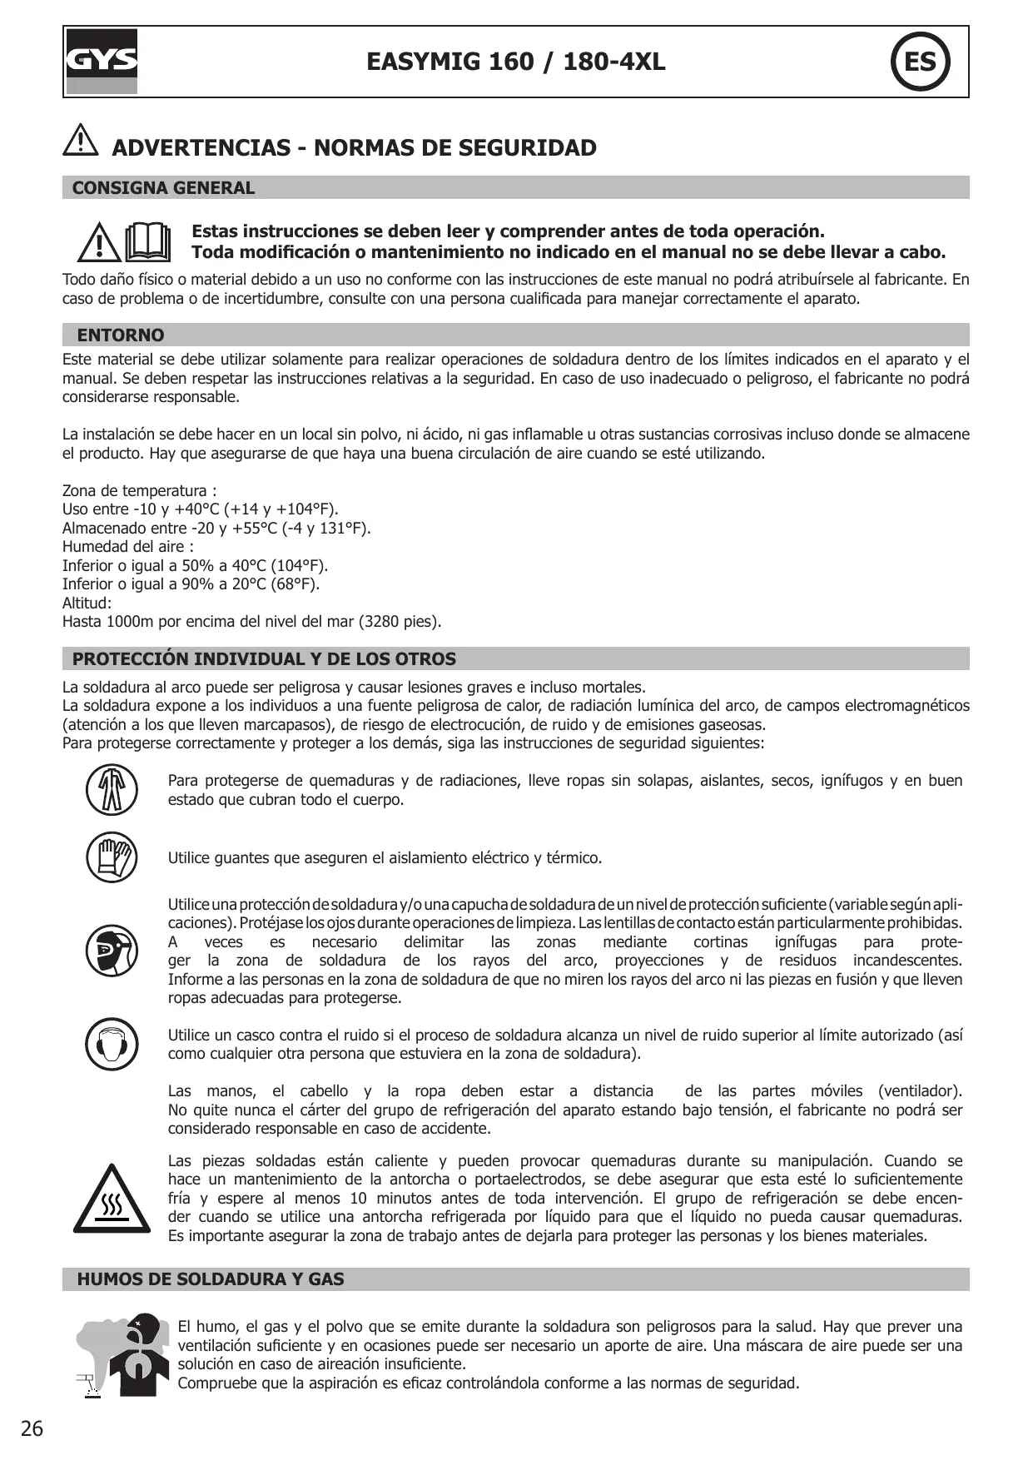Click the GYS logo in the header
[x=102, y=62]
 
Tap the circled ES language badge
[x=920, y=62]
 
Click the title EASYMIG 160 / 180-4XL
[x=515, y=62]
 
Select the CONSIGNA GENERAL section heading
[x=163, y=188]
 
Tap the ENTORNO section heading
[x=121, y=335]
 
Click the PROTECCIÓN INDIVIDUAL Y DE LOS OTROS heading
[x=264, y=659]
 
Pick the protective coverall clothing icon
[x=112, y=790]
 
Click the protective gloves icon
[x=112, y=857]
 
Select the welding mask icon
[x=112, y=950]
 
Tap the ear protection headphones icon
[x=112, y=1044]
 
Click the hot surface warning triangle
[x=112, y=1199]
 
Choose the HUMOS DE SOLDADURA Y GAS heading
[x=211, y=1279]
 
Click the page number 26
[x=32, y=1429]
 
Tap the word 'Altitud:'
[x=87, y=603]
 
